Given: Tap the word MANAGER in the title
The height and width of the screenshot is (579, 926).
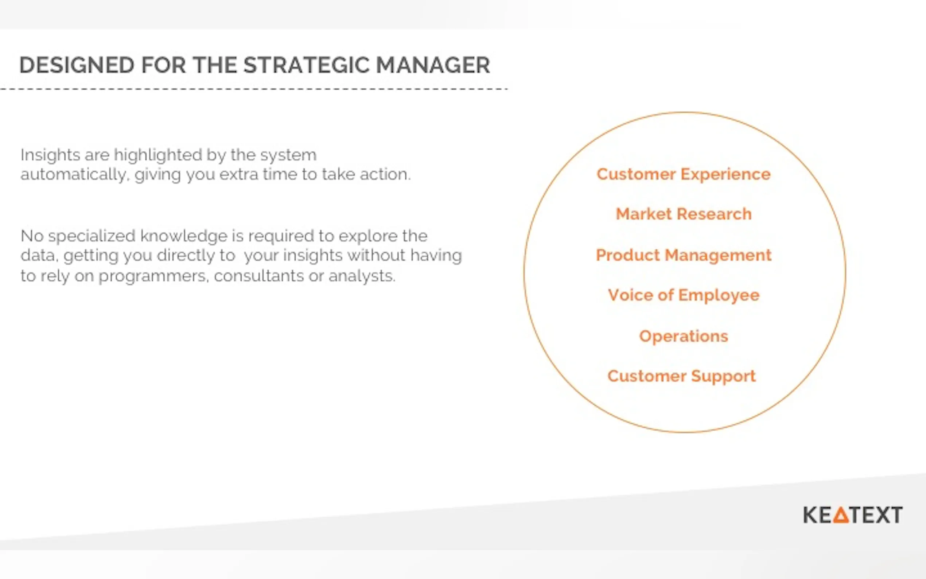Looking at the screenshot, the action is [433, 65].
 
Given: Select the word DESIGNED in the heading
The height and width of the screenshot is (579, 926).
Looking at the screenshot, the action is [77, 65].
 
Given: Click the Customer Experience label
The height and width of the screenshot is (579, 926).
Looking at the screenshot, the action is [683, 175].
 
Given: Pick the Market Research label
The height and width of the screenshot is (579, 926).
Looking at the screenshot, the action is [684, 214].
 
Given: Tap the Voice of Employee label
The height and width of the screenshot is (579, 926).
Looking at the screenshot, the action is [684, 296].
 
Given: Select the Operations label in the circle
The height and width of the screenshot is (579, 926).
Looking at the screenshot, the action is [684, 337].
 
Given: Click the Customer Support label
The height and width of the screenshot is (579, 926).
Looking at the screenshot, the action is [682, 376].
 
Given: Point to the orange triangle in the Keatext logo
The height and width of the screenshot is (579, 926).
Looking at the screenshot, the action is [841, 515].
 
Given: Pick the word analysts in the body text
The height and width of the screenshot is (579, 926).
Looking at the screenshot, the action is [362, 276].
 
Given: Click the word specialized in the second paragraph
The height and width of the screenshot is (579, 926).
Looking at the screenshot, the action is [92, 236].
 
